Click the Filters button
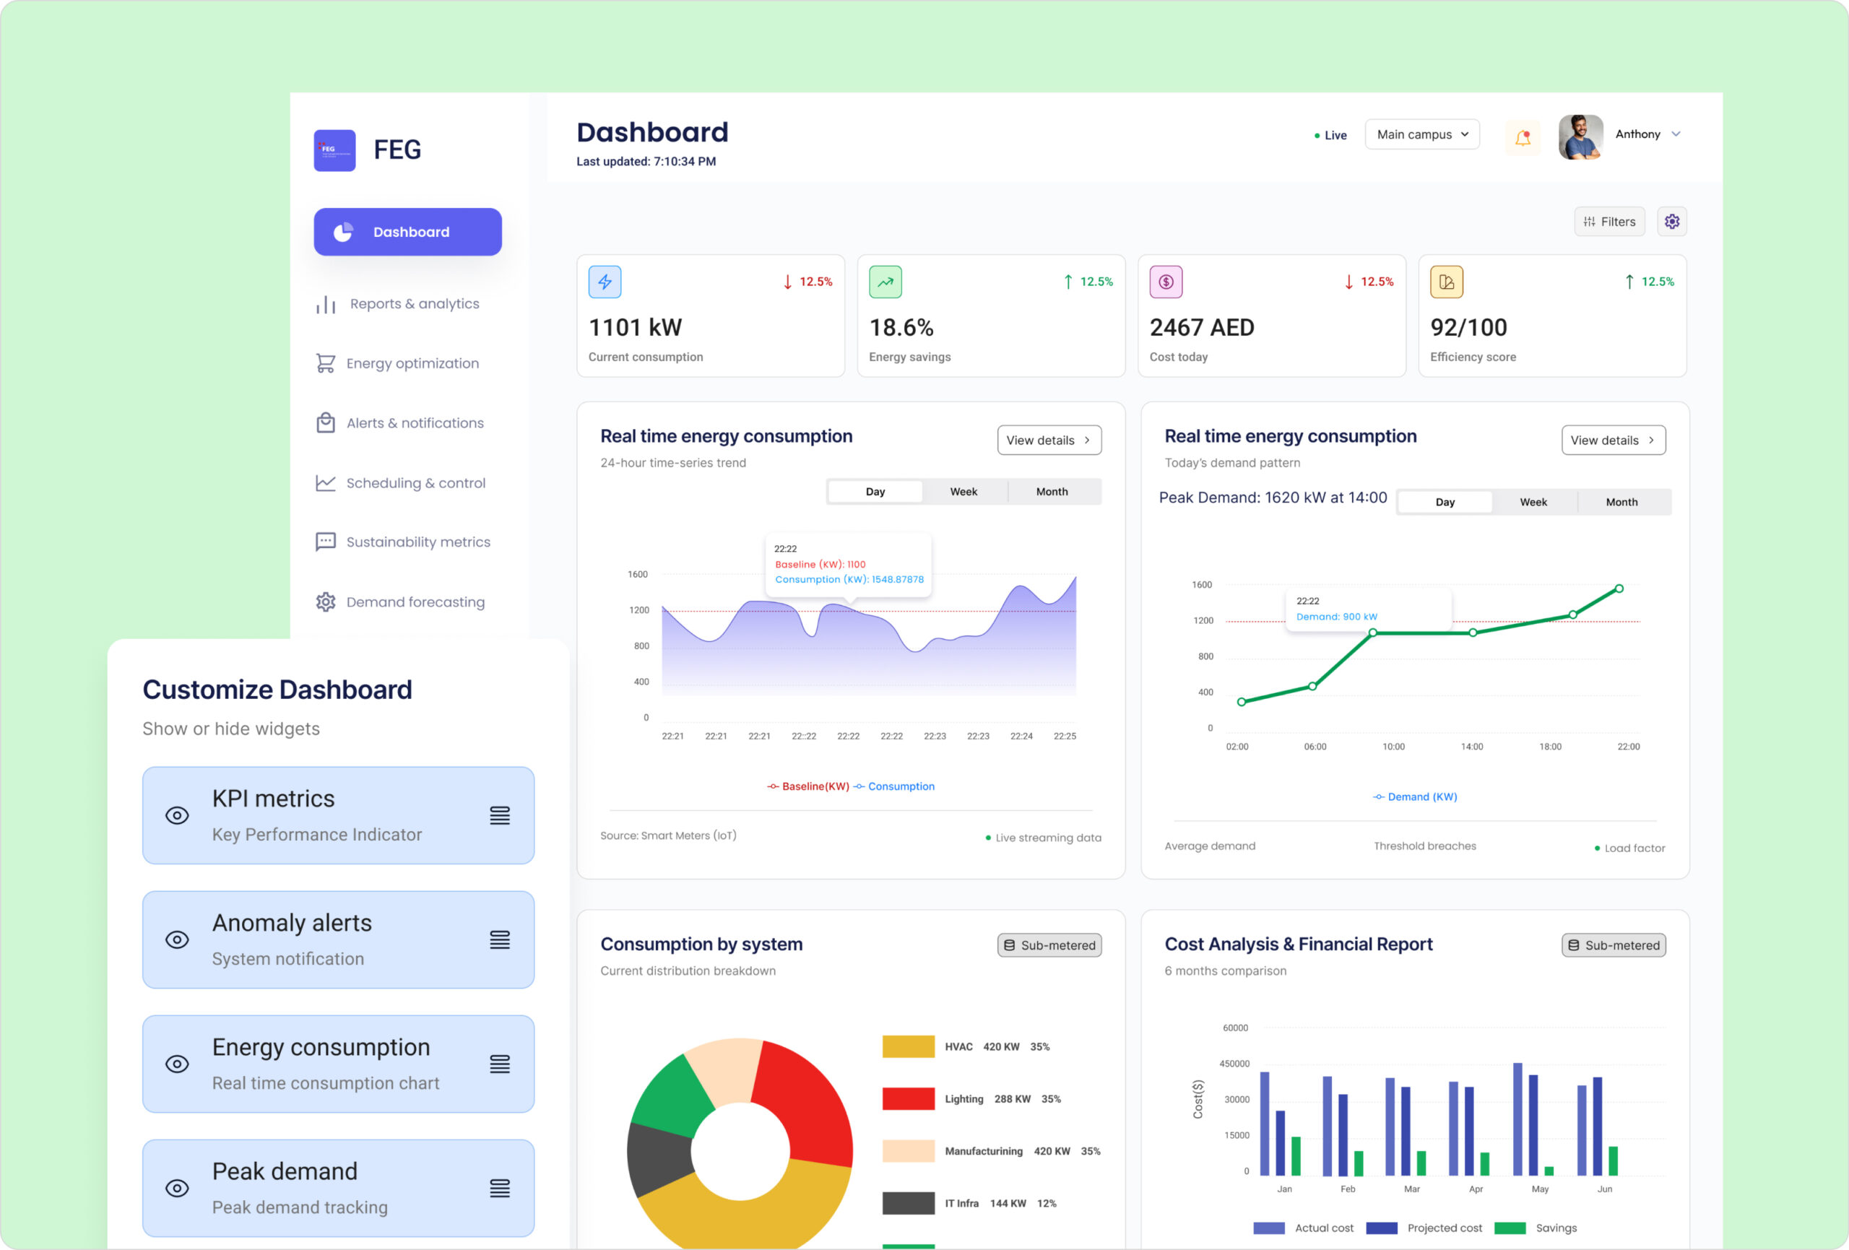[x=1608, y=222]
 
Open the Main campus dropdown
[x=1421, y=134]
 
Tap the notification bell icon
[x=1522, y=138]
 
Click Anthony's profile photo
[x=1580, y=137]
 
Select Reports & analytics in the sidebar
[x=414, y=304]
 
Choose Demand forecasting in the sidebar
[x=415, y=602]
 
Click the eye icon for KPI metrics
[x=177, y=815]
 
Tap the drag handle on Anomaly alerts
[x=500, y=940]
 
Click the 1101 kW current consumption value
[x=635, y=328]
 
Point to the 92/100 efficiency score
[x=1468, y=328]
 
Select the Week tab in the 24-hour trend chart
[x=964, y=492]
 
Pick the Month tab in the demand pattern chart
[x=1621, y=502]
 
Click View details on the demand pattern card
[x=1613, y=440]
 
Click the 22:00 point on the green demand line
[x=1619, y=589]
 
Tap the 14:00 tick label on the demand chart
[x=1471, y=747]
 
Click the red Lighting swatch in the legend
[x=908, y=1099]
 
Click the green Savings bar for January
[x=1296, y=1155]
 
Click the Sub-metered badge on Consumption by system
[x=1049, y=945]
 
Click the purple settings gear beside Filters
[x=1671, y=222]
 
